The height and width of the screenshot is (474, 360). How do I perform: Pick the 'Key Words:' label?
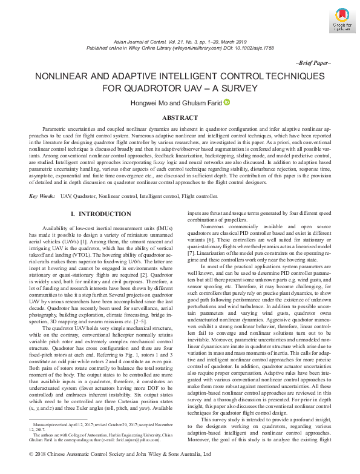(42, 197)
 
